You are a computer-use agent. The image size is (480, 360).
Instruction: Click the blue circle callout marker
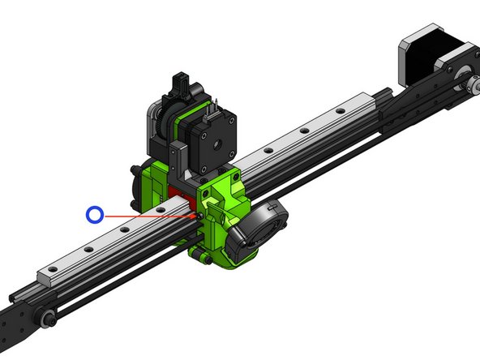(96, 214)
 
